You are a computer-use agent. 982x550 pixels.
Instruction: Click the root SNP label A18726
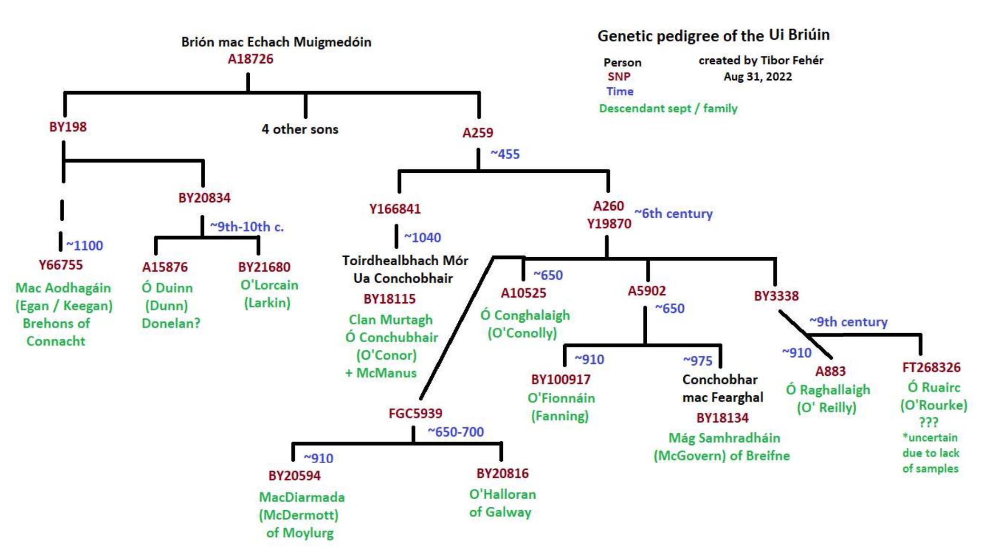[250, 59]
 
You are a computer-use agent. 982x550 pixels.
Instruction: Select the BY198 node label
[68, 127]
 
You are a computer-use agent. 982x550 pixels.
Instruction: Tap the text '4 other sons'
[300, 129]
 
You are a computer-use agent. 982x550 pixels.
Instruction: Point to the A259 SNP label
[478, 133]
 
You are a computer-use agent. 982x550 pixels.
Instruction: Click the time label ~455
[505, 154]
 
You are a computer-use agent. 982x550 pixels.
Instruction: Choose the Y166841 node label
[395, 209]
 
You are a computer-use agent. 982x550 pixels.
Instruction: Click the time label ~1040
[422, 237]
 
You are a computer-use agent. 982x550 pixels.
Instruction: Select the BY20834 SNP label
[204, 198]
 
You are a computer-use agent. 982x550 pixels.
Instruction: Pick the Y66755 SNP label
[61, 265]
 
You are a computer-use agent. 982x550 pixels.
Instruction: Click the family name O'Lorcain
[269, 285]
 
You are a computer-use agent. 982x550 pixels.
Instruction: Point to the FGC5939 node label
[415, 413]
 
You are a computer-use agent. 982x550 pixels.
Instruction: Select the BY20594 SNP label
[294, 475]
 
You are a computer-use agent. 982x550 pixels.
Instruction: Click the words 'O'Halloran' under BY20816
[502, 494]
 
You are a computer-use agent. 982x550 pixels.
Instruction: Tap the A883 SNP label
[831, 371]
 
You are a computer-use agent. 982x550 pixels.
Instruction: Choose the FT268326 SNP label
[931, 367]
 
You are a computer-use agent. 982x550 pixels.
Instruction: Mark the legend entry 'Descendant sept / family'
[668, 109]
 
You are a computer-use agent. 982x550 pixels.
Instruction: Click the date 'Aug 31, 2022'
[757, 77]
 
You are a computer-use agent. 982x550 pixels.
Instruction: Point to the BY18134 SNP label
[722, 418]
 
